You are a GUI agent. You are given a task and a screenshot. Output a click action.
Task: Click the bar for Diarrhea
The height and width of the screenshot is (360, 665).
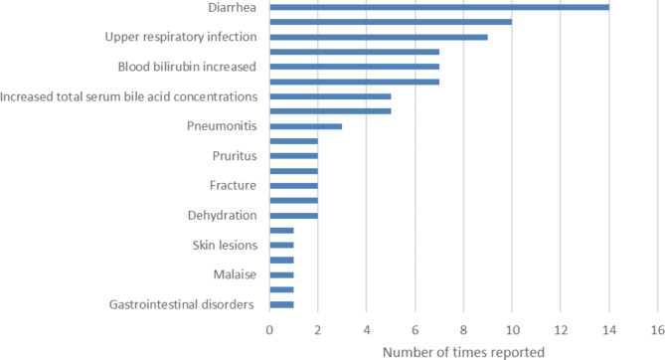pos(438,8)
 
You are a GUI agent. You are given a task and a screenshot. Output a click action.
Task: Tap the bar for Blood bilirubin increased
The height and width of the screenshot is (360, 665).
pos(354,67)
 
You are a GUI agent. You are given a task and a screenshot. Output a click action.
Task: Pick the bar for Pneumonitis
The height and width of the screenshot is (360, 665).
pos(305,126)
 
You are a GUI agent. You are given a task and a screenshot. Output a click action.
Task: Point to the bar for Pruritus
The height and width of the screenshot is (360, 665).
pos(293,155)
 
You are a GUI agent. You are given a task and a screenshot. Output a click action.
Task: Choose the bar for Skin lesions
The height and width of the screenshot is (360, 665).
pos(281,245)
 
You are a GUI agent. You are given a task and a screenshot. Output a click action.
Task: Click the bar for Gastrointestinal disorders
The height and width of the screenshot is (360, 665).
pos(281,304)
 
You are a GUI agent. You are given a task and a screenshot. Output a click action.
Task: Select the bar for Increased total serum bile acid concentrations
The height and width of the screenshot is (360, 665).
pos(329,96)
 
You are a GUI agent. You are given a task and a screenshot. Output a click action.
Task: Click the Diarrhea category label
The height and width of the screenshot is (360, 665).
pos(229,8)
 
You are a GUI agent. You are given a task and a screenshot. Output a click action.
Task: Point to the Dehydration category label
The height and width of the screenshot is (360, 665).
pos(222,215)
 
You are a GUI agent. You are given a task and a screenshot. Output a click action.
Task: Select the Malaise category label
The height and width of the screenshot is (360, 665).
pos(235,274)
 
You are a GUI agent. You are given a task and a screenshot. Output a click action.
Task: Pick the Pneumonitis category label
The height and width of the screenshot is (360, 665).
pos(222,126)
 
